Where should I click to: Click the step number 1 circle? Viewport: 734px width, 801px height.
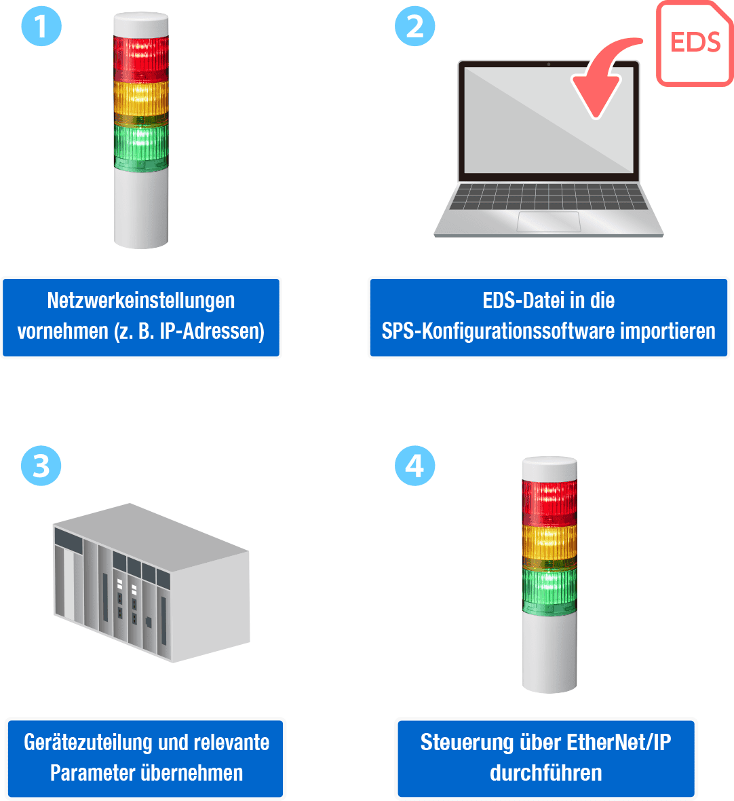pos(41,26)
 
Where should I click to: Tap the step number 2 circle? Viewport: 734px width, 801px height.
pos(414,26)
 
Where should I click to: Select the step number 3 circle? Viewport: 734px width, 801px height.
pos(41,466)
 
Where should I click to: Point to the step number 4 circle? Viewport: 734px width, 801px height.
pos(414,466)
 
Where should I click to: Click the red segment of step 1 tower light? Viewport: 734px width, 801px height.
pos(141,58)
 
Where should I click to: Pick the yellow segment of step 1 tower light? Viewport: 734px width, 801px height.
pos(141,100)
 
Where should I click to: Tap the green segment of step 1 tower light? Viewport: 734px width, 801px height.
pos(141,144)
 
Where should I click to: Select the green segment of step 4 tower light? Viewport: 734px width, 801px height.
pos(549,589)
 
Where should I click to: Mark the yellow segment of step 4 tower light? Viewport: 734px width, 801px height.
pos(549,545)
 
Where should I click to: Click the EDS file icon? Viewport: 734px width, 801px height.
pos(695,43)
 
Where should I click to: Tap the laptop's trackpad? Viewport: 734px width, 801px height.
pos(549,221)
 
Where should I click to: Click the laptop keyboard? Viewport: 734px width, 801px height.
pos(549,197)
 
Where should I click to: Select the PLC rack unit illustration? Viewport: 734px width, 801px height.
pos(151,582)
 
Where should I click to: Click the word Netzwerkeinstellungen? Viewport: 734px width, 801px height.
pos(141,301)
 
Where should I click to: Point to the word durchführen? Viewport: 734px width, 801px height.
pos(546,772)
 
